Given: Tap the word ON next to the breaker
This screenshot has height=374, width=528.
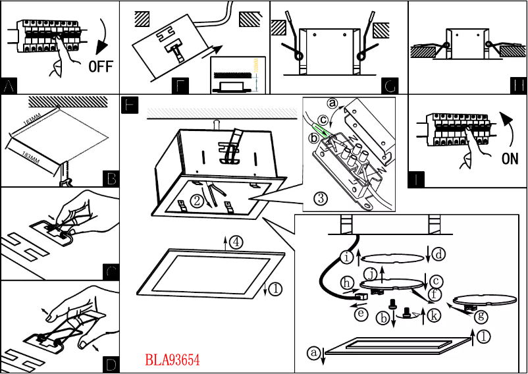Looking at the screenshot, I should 510,159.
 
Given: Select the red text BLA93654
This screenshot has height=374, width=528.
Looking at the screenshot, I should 172,360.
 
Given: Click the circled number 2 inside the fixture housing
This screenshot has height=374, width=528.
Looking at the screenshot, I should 196,199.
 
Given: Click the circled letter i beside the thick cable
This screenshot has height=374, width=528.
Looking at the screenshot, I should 346,257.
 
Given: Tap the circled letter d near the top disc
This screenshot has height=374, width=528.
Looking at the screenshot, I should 438,252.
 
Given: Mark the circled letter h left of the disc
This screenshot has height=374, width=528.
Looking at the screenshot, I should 347,282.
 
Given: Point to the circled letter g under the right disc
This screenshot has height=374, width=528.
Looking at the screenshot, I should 482,316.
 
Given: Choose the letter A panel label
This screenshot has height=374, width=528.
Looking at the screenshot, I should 9,86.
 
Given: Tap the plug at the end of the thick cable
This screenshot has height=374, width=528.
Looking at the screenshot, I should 360,299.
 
